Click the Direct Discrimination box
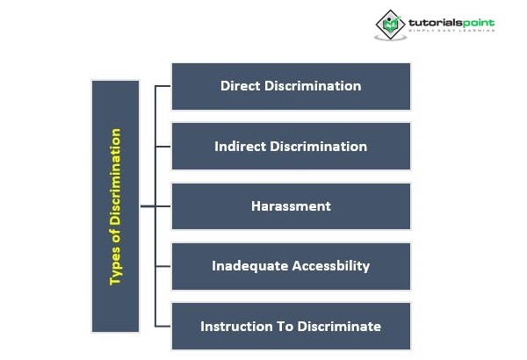coord(291,86)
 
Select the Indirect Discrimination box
coord(291,146)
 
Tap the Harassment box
coord(291,206)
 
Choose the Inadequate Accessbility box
coord(291,266)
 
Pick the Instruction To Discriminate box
coord(291,326)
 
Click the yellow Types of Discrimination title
coord(115,207)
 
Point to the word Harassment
coord(291,206)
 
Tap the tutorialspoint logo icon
coord(390,24)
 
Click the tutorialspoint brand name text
coord(451,21)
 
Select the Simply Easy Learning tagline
coord(451,32)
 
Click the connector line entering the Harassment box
coord(162,206)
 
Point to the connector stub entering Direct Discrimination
coord(163,86)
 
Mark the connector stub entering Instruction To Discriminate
coord(163,326)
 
